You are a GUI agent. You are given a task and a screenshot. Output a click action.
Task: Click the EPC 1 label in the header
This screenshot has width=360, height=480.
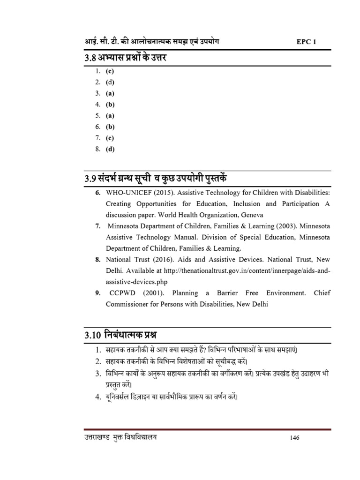click(307, 42)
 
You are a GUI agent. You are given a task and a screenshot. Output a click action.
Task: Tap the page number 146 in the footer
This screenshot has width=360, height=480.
click(294, 438)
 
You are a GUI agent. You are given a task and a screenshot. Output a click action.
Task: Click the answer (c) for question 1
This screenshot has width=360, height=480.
click(110, 71)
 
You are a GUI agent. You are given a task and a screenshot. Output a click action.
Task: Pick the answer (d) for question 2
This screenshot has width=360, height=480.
click(110, 82)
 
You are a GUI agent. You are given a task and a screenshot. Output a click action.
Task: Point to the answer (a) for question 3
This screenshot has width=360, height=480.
click(110, 93)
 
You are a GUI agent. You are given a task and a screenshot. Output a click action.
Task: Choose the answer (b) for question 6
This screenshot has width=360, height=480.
click(110, 127)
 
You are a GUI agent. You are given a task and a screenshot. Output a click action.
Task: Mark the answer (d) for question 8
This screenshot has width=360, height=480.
click(110, 149)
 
